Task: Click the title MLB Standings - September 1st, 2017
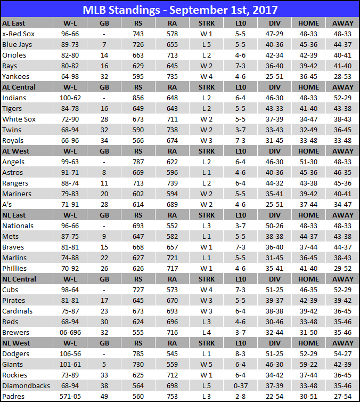click(180, 10)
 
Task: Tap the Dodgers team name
click(16, 354)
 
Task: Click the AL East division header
click(14, 23)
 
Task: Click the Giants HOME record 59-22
click(309, 365)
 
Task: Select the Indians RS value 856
click(138, 98)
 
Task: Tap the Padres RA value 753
click(172, 397)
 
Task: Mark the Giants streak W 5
click(206, 365)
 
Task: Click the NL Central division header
click(19, 279)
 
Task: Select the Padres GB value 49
click(104, 397)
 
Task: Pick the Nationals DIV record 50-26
click(275, 226)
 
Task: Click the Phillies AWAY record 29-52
click(342, 269)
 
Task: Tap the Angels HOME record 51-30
click(309, 162)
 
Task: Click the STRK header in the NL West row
click(206, 343)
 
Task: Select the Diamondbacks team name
click(26, 386)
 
